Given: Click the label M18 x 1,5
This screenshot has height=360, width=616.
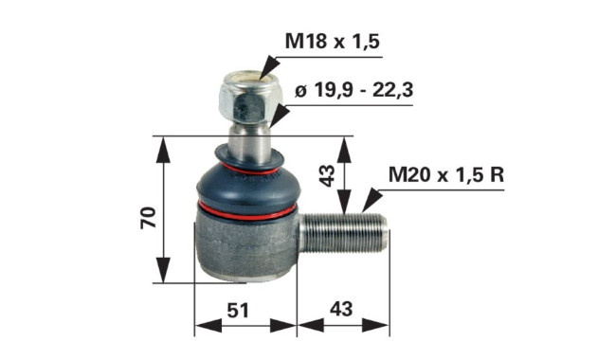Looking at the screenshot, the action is pyautogui.click(x=332, y=41).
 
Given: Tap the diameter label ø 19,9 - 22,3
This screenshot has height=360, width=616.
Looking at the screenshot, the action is pyautogui.click(x=353, y=91).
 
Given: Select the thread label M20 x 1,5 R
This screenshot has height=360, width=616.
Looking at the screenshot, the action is pyautogui.click(x=446, y=174).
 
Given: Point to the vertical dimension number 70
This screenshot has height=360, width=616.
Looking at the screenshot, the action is pyautogui.click(x=149, y=217).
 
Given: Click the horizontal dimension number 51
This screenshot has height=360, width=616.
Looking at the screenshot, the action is pyautogui.click(x=238, y=311).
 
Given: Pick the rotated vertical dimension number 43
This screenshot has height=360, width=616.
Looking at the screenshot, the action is pyautogui.click(x=327, y=175).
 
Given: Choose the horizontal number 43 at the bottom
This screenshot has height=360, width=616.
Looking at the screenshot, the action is pyautogui.click(x=341, y=309).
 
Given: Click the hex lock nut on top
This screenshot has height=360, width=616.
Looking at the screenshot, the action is pyautogui.click(x=246, y=97).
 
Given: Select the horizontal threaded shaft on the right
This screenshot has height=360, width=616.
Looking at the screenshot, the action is pyautogui.click(x=342, y=232).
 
